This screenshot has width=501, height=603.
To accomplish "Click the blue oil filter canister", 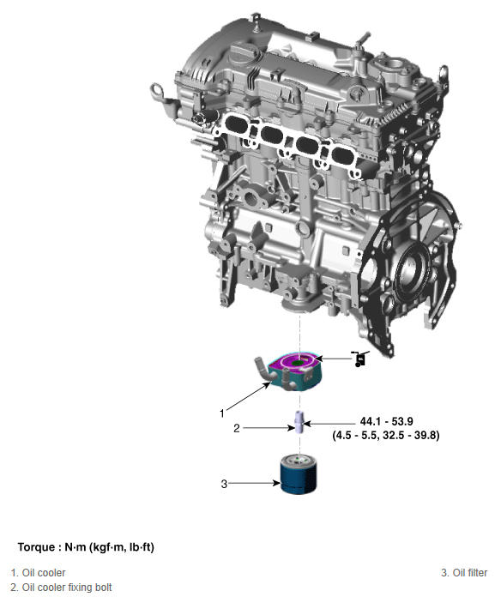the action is pos(299,473).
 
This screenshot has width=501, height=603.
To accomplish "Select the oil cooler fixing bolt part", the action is pos(299,422).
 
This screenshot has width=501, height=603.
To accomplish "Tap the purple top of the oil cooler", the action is pos(297,363).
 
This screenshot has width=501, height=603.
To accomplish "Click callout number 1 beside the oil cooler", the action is pos(221,413).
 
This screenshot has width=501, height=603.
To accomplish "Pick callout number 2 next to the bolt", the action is pos(237,428).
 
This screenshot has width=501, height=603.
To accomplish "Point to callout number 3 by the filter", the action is pos(224,484).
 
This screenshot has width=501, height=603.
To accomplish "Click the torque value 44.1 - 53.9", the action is pos(386,421).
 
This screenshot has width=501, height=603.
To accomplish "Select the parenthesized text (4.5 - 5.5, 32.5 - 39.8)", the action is pos(386,436).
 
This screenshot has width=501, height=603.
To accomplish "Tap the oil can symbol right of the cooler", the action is pos(360,359).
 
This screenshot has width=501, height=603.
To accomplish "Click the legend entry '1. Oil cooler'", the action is pos(38,573).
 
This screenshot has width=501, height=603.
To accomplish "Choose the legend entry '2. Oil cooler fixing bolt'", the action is pos(61,588).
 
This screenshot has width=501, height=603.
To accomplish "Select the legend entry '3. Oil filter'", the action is pos(464,573).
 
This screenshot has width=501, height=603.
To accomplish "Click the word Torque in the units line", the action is pos(36,547).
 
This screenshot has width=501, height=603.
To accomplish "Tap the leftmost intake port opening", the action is pos(235,124).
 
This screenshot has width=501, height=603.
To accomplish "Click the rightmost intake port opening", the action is pos(344,154).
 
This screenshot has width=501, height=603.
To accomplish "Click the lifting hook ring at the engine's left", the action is pos(157,92).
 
